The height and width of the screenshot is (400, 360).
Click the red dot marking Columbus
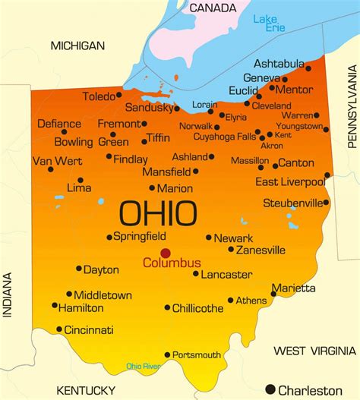pos(166,254)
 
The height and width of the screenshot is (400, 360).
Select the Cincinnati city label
pos(89,330)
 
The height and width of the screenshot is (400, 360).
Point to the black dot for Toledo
pos(118,96)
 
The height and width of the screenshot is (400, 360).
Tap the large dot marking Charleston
pos(270,390)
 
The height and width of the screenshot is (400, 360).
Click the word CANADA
pos(213,8)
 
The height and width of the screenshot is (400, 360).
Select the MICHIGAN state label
pos(77,46)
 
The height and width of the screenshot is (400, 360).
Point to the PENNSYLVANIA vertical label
pos(352,106)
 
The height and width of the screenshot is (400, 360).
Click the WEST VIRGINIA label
pos(311,350)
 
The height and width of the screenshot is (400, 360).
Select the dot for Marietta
pos(273,294)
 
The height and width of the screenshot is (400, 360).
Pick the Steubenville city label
pos(292,203)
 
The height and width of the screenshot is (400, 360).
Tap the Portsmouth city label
pos(197,354)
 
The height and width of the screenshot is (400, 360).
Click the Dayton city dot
pos(79,268)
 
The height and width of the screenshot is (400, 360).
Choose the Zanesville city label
pos(261,250)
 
